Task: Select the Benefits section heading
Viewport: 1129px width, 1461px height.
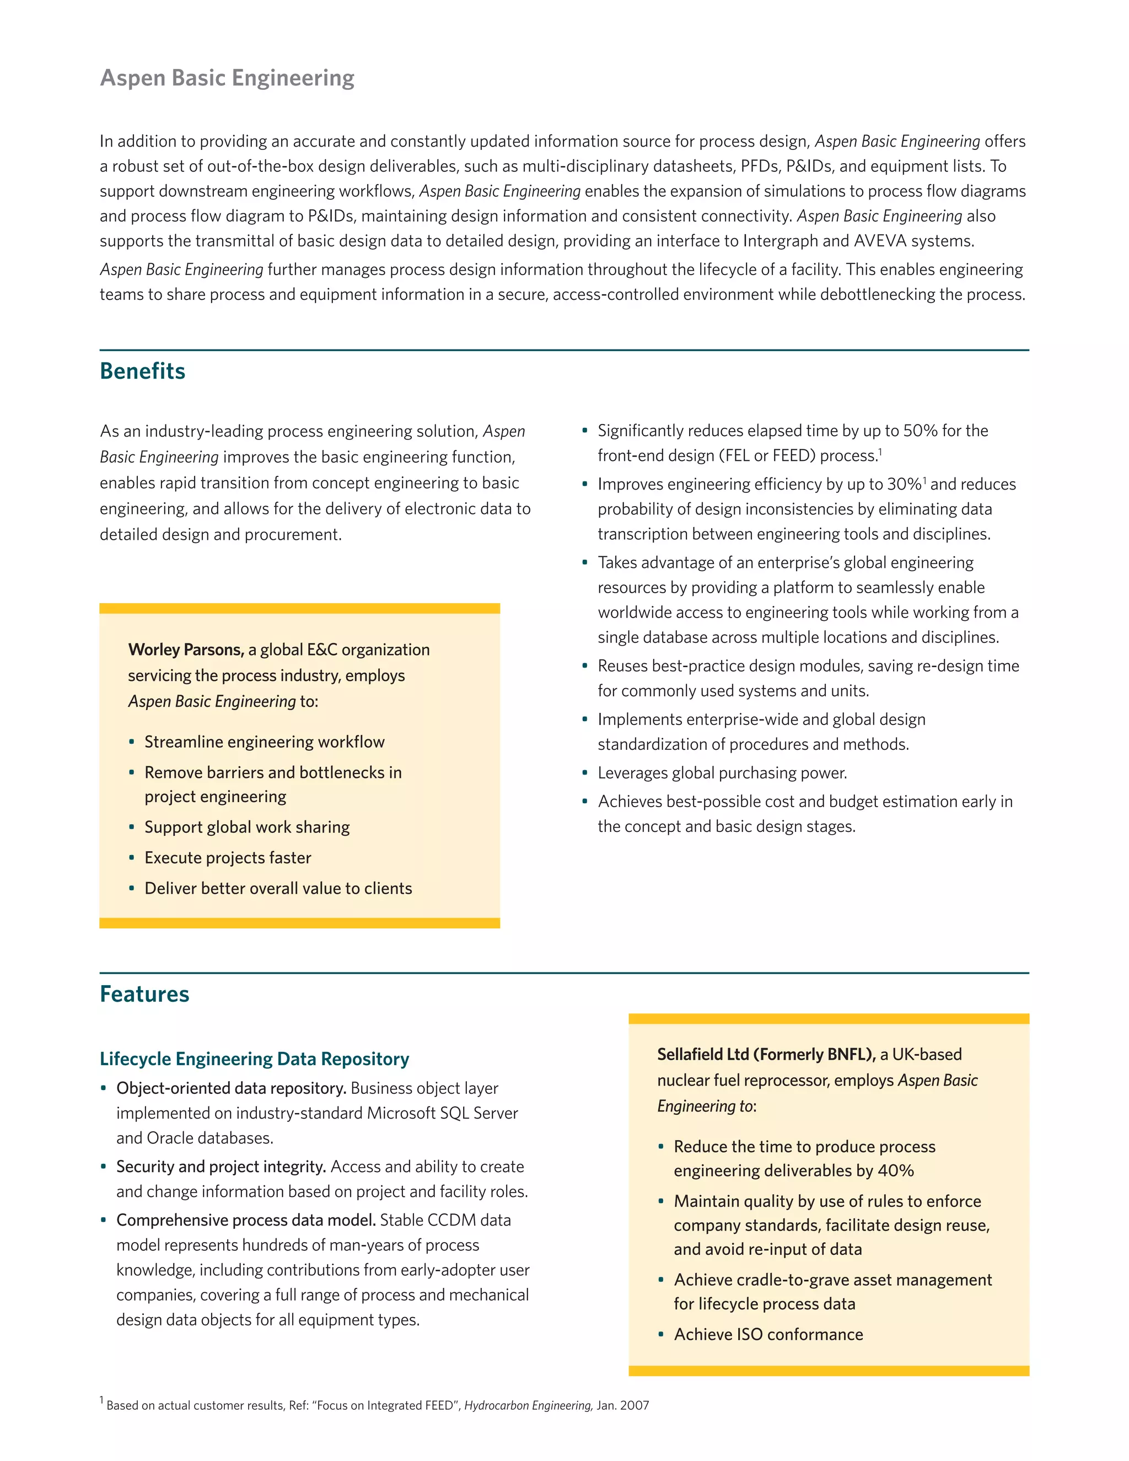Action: [x=142, y=371]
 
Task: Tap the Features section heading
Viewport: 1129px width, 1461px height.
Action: [x=144, y=994]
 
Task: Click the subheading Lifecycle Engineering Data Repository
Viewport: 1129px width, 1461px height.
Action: [x=254, y=1059]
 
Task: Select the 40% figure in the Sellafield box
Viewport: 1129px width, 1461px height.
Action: [x=896, y=1170]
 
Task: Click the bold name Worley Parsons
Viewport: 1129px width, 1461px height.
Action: [x=185, y=649]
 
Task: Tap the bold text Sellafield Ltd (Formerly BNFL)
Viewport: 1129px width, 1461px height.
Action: [x=766, y=1054]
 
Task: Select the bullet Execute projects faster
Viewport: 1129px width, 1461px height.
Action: [x=228, y=858]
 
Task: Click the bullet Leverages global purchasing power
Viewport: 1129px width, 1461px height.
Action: [x=722, y=774]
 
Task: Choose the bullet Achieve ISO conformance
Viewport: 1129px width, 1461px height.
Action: [x=768, y=1335]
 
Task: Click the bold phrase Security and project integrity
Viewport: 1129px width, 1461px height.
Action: [x=221, y=1167]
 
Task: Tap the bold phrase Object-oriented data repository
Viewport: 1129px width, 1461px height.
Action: [x=231, y=1088]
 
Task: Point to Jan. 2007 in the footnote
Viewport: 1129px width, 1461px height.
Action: [x=623, y=1405]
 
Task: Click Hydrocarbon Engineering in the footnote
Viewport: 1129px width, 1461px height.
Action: [x=528, y=1405]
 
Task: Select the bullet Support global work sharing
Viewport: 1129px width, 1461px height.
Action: [x=247, y=828]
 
